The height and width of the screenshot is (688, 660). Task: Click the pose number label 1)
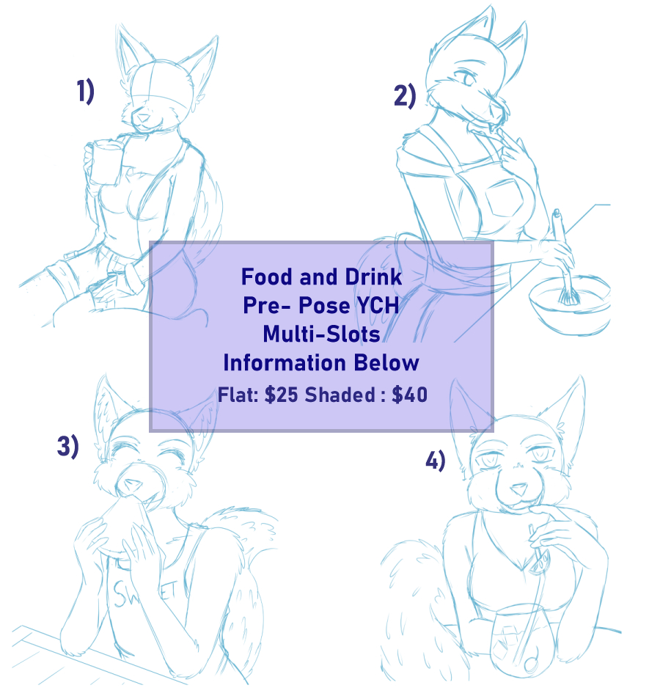[85, 91]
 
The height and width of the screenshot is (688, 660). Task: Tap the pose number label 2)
[404, 95]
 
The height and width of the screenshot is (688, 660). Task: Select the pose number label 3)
[67, 446]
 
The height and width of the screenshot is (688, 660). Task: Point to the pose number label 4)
[436, 461]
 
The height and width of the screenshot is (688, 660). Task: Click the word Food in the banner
[267, 277]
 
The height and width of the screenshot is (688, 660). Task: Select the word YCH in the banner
[378, 305]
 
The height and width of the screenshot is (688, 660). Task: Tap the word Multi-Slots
[321, 334]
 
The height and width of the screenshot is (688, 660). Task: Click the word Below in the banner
[386, 363]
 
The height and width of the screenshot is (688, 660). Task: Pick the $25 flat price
[282, 395]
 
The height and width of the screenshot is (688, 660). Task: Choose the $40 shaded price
[409, 395]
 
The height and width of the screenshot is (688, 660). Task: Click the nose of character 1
[143, 118]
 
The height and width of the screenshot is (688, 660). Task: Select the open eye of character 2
[468, 78]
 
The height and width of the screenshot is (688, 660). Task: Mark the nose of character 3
[131, 484]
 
